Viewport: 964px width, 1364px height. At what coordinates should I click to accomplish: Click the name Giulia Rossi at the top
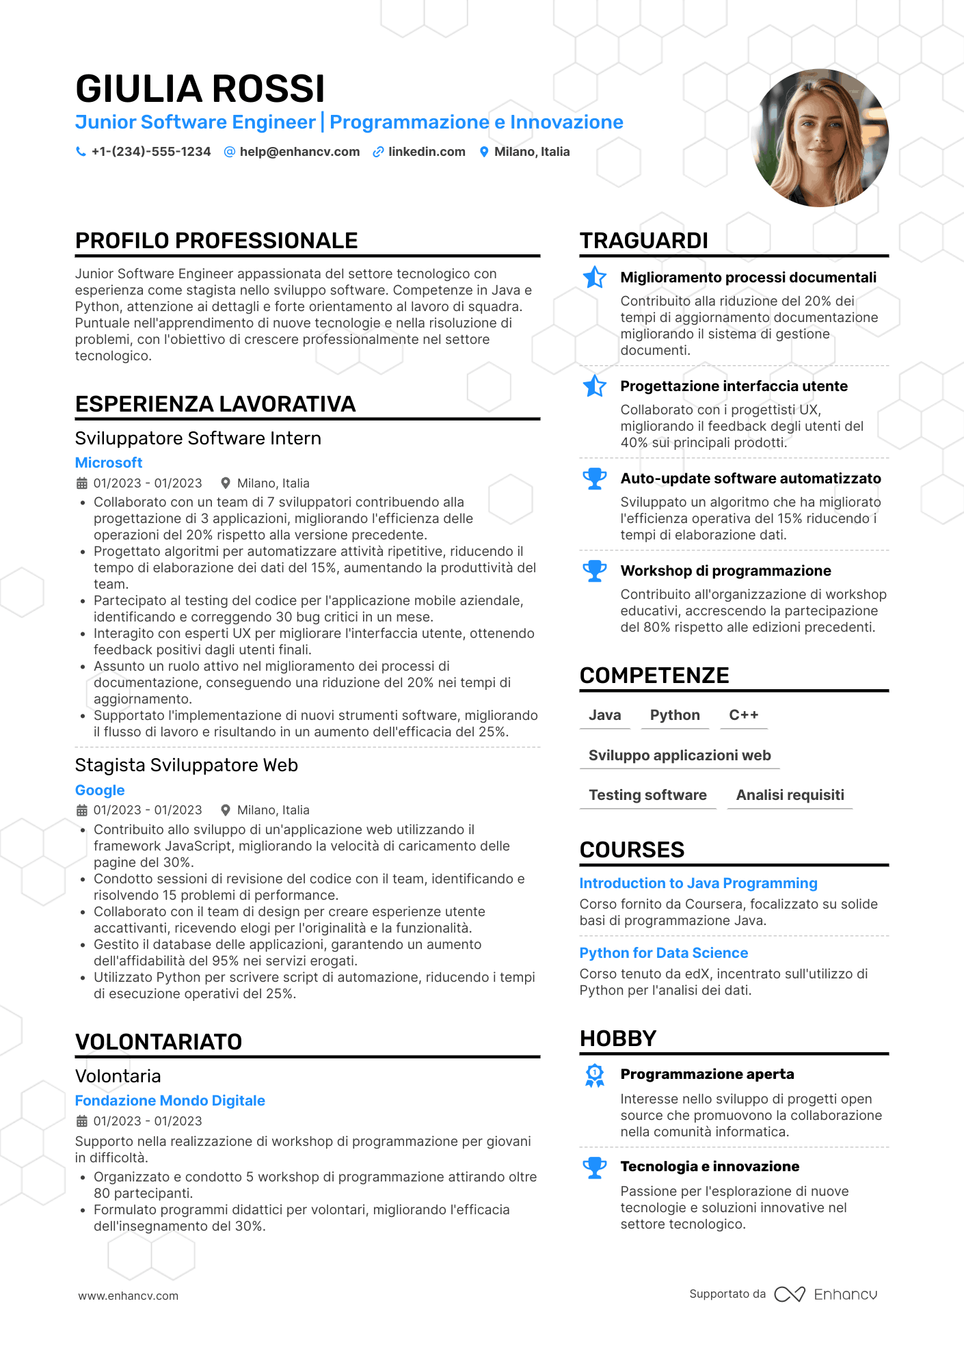pyautogui.click(x=200, y=89)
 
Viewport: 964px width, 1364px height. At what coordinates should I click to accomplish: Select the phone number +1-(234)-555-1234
pyautogui.click(x=150, y=152)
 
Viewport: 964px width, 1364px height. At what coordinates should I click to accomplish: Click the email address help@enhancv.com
pyautogui.click(x=299, y=152)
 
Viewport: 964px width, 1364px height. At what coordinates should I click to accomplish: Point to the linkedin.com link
pyautogui.click(x=426, y=152)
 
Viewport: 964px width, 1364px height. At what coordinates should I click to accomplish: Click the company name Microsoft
pyautogui.click(x=109, y=463)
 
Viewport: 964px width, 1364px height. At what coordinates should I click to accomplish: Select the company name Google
pyautogui.click(x=100, y=790)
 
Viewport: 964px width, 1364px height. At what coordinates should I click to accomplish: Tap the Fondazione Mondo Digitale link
pyautogui.click(x=170, y=1101)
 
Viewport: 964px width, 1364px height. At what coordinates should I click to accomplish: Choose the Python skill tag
pyautogui.click(x=675, y=715)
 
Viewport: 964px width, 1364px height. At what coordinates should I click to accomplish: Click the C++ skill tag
pyautogui.click(x=743, y=715)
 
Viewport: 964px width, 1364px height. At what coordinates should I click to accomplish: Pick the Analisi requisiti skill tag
pyautogui.click(x=790, y=795)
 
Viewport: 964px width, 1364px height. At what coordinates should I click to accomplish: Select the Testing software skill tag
pyautogui.click(x=647, y=795)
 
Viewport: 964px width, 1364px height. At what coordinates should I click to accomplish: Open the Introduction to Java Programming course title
pyautogui.click(x=698, y=883)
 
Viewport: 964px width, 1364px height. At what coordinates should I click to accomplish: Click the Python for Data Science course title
pyautogui.click(x=663, y=953)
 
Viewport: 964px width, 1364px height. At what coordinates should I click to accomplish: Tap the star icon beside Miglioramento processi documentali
pyautogui.click(x=594, y=277)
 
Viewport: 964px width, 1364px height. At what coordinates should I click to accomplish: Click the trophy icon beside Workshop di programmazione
pyautogui.click(x=594, y=571)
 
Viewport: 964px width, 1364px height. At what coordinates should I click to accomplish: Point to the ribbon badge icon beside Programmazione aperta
pyautogui.click(x=594, y=1075)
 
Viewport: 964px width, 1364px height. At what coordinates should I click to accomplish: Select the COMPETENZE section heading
pyautogui.click(x=654, y=676)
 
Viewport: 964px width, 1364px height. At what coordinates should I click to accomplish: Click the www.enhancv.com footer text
pyautogui.click(x=128, y=1296)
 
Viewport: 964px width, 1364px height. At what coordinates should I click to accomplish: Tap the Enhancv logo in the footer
pyautogui.click(x=825, y=1294)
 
